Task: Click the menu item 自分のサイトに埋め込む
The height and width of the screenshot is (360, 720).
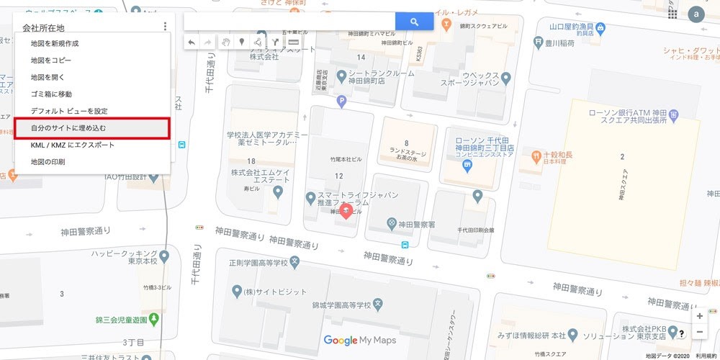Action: tap(92, 128)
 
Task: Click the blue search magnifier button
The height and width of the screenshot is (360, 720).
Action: tap(414, 22)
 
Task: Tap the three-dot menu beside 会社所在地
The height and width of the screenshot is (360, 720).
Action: tap(165, 27)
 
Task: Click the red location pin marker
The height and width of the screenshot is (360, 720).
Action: tap(346, 210)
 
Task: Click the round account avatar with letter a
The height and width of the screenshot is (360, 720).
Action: tap(696, 14)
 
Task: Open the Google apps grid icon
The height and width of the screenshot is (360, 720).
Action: tap(672, 14)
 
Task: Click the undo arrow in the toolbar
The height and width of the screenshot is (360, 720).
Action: tap(192, 42)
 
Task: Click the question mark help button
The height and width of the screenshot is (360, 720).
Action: tap(681, 333)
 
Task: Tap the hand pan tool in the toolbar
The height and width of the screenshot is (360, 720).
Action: tap(225, 42)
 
